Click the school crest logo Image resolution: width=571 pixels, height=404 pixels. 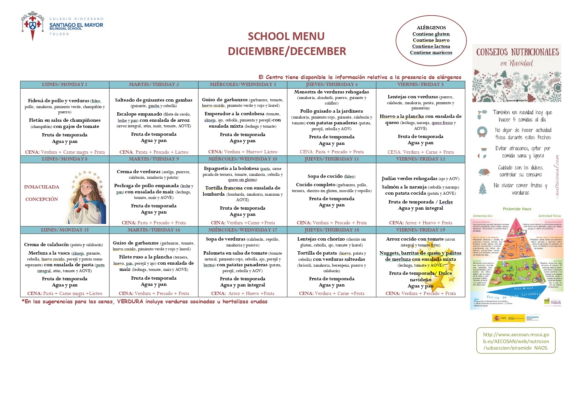32,26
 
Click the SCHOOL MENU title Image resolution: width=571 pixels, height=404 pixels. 286,36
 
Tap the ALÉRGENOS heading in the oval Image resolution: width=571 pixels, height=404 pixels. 431,28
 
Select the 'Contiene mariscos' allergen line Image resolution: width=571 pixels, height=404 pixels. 431,52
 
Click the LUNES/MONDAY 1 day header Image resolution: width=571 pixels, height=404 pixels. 64,84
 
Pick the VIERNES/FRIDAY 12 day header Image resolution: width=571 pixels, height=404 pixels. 420,159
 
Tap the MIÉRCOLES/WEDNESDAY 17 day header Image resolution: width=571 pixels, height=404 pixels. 242,230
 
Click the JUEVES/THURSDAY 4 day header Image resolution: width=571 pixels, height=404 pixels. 332,84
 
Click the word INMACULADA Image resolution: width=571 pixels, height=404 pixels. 42,187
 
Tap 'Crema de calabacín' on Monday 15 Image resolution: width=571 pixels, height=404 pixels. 46,244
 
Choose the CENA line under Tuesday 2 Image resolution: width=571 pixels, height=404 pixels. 154,152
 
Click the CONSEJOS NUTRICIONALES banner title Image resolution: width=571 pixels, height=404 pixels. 517,52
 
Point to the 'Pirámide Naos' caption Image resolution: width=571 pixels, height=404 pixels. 517,209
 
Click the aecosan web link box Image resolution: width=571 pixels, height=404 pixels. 516,341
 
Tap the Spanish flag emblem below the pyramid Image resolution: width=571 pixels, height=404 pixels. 497,318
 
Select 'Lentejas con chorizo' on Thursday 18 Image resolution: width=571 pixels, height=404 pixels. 321,239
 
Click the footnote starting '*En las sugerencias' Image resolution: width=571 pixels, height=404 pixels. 144,301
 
